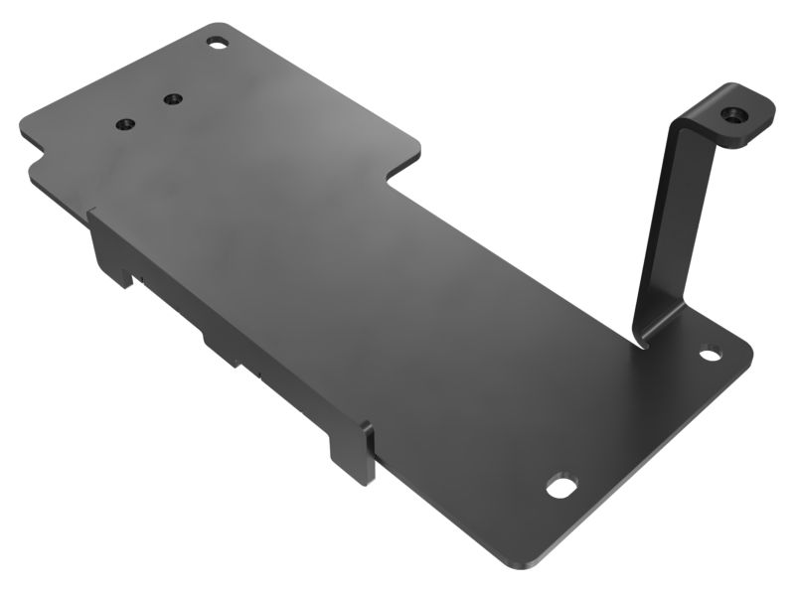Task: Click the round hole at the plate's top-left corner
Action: pyautogui.click(x=217, y=43)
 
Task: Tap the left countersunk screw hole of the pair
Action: pyautogui.click(x=125, y=124)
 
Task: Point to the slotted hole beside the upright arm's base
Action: pyautogui.click(x=710, y=353)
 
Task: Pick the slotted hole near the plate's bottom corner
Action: pyautogui.click(x=561, y=487)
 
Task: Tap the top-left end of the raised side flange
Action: pyautogui.click(x=92, y=212)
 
